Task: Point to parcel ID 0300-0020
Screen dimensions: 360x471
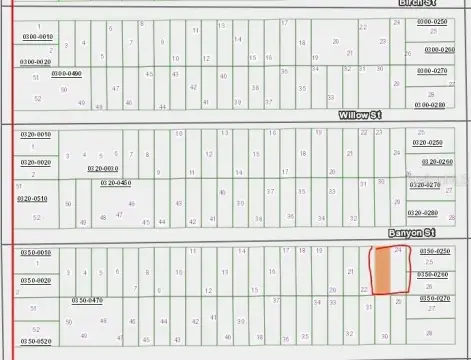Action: pyautogui.click(x=35, y=62)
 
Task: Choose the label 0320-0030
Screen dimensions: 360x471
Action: pyautogui.click(x=102, y=169)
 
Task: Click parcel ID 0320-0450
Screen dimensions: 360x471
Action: pyautogui.click(x=115, y=183)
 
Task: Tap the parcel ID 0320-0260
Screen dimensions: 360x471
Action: pyautogui.click(x=436, y=161)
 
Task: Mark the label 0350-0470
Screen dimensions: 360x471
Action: pyautogui.click(x=87, y=300)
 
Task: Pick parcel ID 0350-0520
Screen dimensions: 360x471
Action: pyautogui.click(x=36, y=341)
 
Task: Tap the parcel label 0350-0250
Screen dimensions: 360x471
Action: pyautogui.click(x=433, y=251)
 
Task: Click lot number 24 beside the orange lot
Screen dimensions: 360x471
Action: pyautogui.click(x=398, y=251)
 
